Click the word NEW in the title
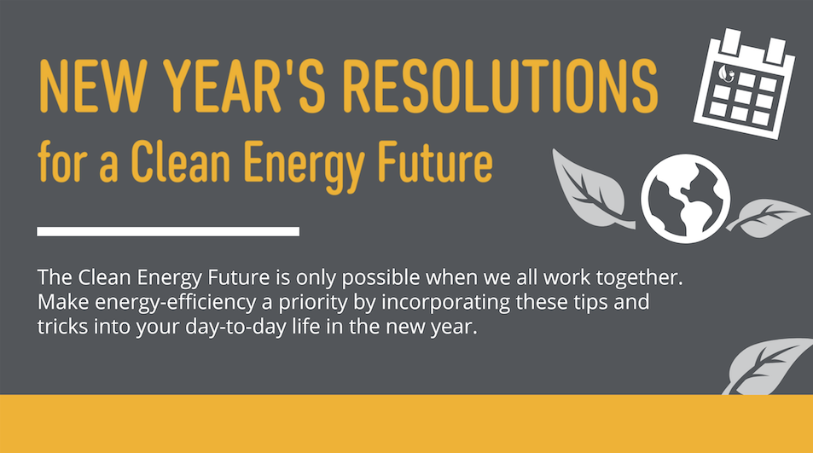point(90,86)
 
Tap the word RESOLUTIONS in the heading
point(501,86)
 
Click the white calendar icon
point(744,84)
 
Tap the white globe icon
point(685,199)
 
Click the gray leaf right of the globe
point(768,218)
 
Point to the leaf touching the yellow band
point(768,367)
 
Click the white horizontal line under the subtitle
point(168,231)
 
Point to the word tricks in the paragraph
point(62,327)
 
